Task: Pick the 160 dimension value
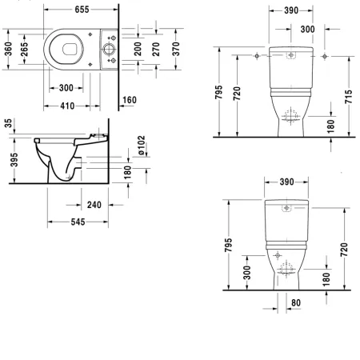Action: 129,100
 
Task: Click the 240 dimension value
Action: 94,205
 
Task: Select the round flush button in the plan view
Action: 108,50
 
